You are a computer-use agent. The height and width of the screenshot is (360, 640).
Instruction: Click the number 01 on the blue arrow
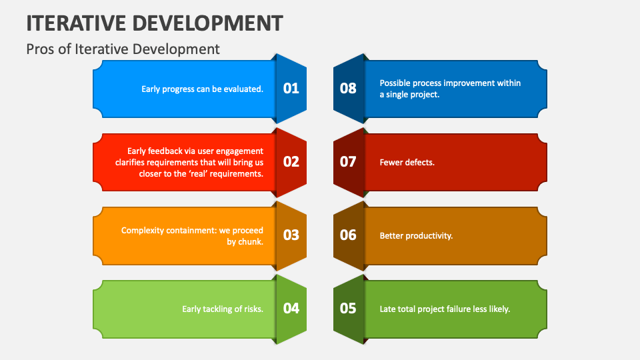(x=291, y=88)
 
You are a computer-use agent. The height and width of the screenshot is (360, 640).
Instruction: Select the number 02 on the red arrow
(x=291, y=161)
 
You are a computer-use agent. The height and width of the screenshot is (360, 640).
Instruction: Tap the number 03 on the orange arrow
(x=291, y=235)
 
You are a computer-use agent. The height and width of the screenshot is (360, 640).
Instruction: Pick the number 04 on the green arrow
(x=291, y=308)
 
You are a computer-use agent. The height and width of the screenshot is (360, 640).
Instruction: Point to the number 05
(x=348, y=308)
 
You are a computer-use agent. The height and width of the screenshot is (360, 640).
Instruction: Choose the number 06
(x=348, y=235)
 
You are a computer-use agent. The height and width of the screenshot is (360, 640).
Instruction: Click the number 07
(x=348, y=161)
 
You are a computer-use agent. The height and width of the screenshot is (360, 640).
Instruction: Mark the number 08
(x=348, y=88)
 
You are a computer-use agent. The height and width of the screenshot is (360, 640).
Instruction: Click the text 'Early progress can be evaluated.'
(x=202, y=89)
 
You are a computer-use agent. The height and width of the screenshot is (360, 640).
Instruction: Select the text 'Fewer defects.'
(x=407, y=162)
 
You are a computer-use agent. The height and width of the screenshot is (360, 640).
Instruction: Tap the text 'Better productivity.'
(x=416, y=235)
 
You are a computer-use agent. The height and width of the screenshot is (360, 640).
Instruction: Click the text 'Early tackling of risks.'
(x=223, y=309)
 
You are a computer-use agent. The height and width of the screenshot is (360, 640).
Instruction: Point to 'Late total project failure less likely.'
(x=445, y=309)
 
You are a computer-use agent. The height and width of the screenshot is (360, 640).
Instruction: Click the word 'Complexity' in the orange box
(x=143, y=230)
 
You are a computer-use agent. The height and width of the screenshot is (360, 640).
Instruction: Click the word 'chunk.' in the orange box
(x=251, y=241)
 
